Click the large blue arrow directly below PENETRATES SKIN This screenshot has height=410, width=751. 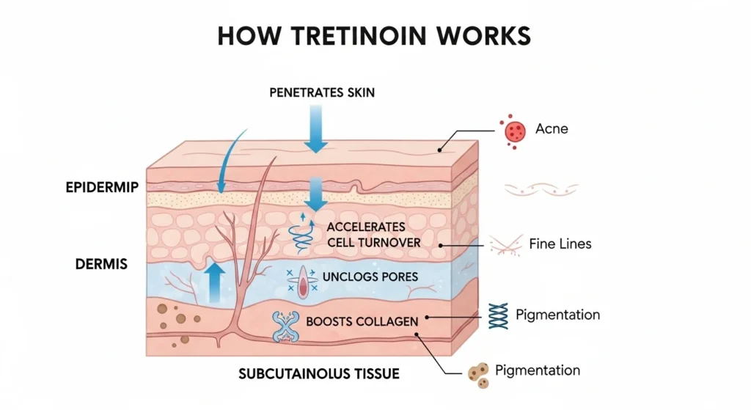click(316, 129)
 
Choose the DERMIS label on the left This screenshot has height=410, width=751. click(100, 263)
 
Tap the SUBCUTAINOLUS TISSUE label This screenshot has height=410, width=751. click(319, 373)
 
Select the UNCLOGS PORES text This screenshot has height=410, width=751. click(370, 277)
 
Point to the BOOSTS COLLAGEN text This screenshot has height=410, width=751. click(362, 321)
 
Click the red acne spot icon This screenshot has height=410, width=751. click(513, 131)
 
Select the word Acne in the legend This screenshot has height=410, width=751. click(552, 129)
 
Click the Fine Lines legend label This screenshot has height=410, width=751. click(560, 243)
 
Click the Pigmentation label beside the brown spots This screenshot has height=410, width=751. click(538, 370)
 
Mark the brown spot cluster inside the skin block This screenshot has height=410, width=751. click(176, 318)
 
